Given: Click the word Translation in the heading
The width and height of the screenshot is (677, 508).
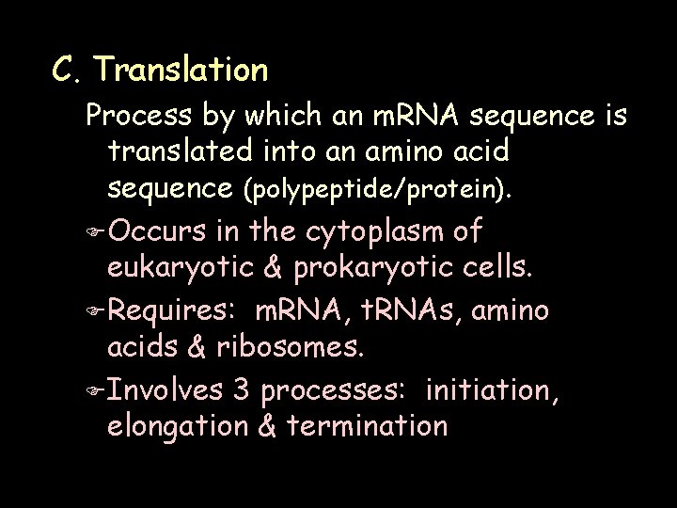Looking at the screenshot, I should tap(181, 69).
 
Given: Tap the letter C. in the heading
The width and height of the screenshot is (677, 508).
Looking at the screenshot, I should tap(67, 69).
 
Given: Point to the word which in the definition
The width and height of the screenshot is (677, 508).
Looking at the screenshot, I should tap(273, 116).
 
